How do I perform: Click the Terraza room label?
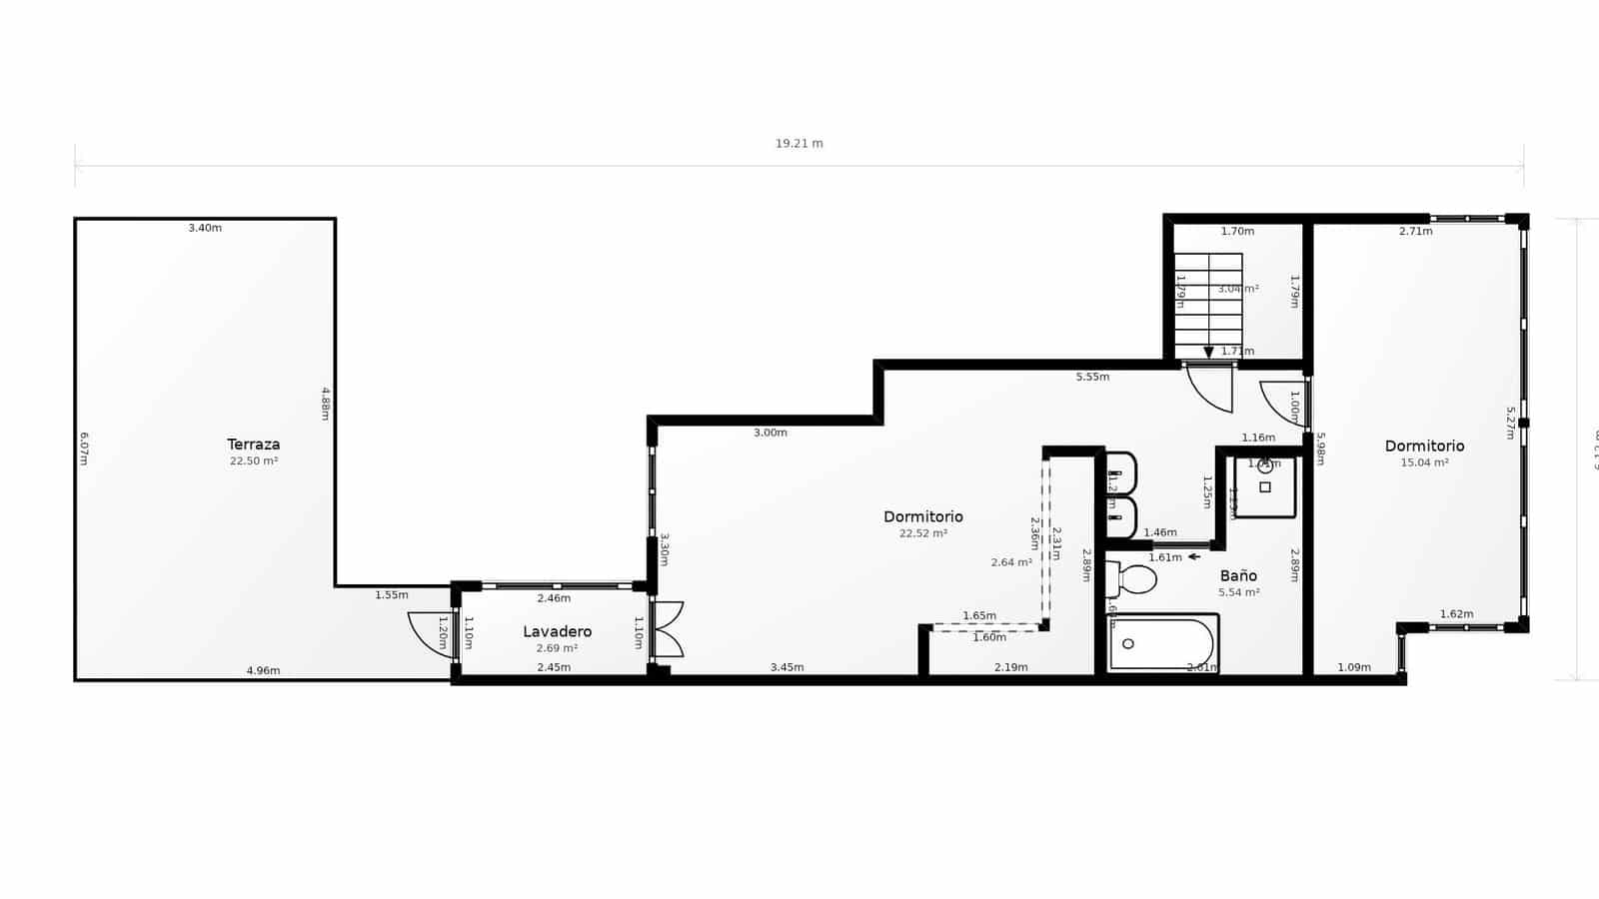[253, 445]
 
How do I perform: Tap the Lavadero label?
[557, 631]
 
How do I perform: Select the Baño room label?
[1238, 575]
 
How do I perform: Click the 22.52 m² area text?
[922, 533]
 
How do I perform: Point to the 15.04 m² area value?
[1424, 462]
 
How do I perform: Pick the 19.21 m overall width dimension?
[799, 144]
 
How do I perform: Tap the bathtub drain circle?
[1128, 643]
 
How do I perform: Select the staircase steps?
[1207, 304]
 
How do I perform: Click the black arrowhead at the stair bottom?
[1208, 353]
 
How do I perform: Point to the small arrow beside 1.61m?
[1193, 557]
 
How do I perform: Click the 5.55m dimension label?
[1092, 377]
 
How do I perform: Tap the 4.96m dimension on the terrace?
[263, 670]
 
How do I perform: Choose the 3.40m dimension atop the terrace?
[205, 228]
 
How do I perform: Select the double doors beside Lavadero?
[668, 629]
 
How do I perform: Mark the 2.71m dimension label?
[1415, 231]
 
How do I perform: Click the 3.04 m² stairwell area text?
[1237, 289]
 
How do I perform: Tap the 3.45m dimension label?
[787, 667]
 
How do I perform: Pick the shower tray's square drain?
[1265, 487]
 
